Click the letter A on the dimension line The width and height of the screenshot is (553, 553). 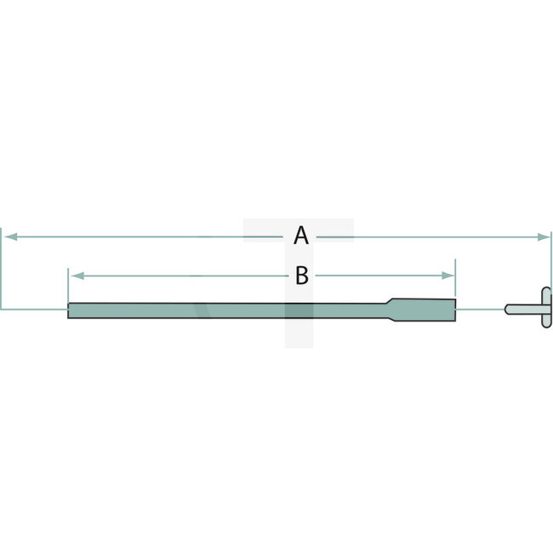coord(300,236)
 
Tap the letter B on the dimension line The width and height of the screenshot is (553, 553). coord(300,276)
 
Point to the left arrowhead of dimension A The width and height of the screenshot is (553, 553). coord(8,236)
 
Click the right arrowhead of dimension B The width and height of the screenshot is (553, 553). coord(450,276)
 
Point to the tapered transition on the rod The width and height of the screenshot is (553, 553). coord(387,309)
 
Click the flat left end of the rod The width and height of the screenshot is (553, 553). coord(69,311)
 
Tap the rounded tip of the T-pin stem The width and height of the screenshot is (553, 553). coord(507,309)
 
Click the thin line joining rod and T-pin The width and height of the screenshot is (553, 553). coord(480,309)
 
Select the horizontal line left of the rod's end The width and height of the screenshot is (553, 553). coord(34,308)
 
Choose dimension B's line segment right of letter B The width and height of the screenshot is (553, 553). coord(383,276)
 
